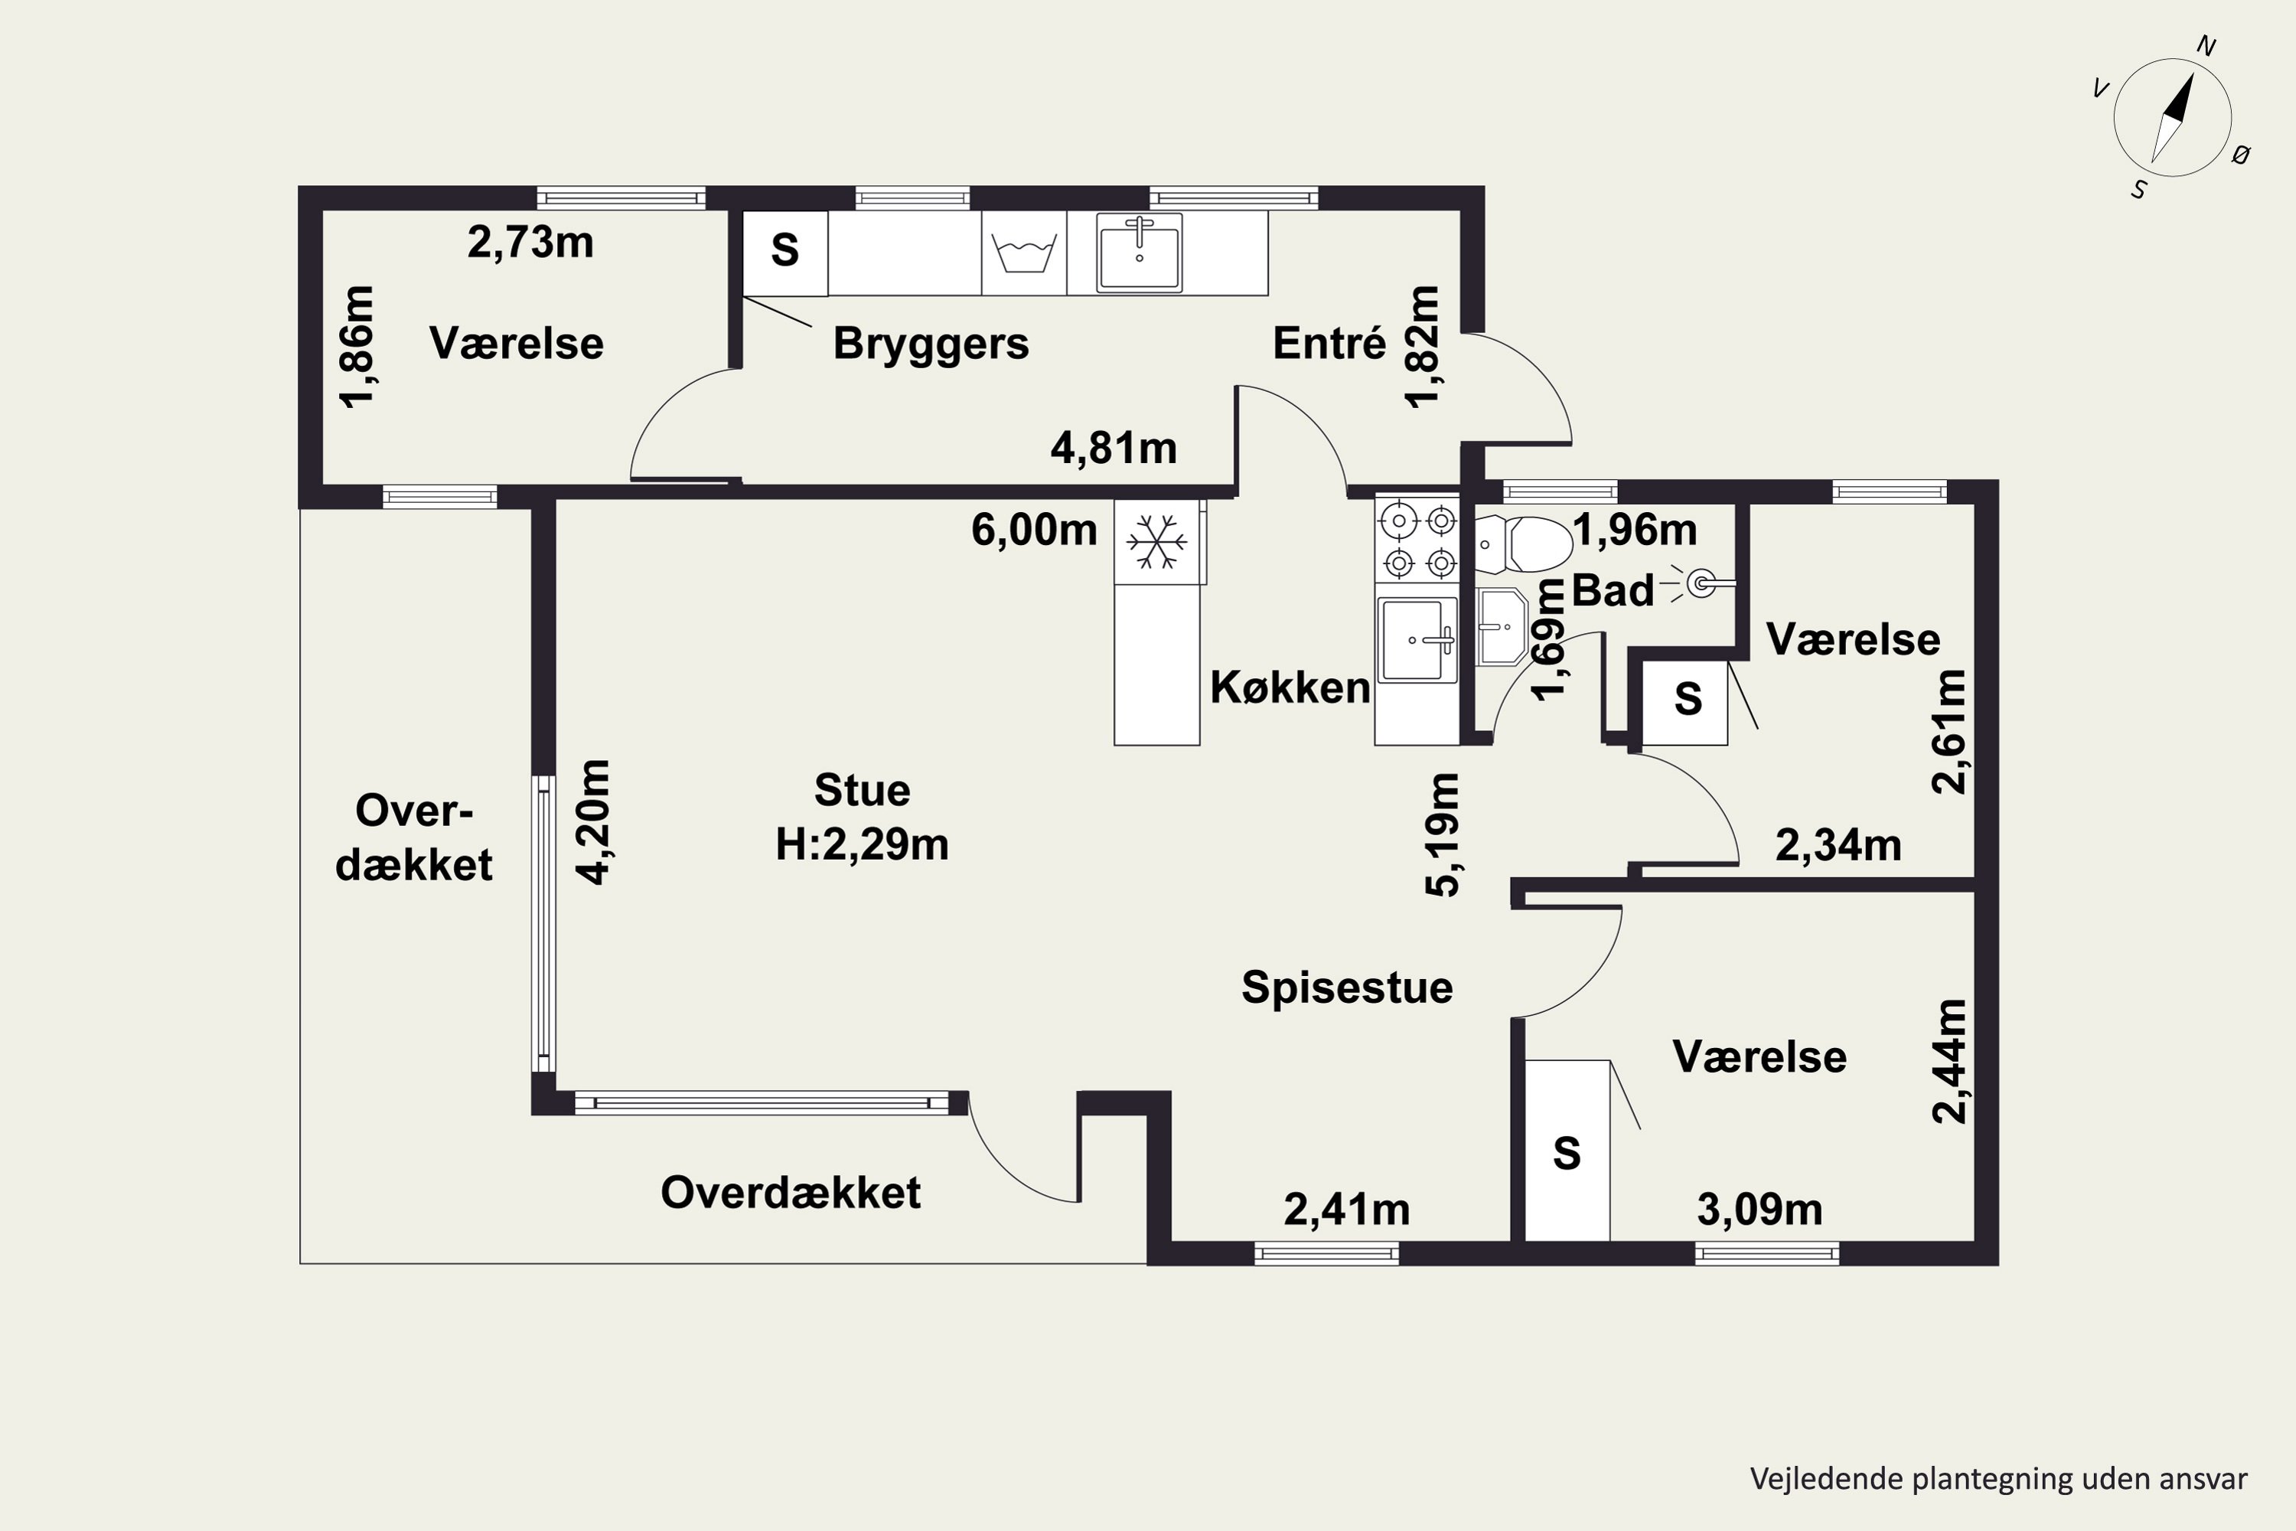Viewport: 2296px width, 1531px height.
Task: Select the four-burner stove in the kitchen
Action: point(1417,541)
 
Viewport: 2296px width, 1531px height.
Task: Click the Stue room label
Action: point(862,790)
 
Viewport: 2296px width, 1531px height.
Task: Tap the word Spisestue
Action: point(1347,987)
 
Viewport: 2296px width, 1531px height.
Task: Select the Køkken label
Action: point(1290,687)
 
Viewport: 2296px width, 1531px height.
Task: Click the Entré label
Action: point(1329,343)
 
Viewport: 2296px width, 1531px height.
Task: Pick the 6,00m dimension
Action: point(1034,530)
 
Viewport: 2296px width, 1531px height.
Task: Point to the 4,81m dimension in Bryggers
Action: point(1114,448)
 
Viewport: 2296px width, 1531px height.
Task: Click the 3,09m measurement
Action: point(1760,1209)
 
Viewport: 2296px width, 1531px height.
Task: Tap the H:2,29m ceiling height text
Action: point(862,844)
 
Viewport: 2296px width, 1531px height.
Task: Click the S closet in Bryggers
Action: point(785,253)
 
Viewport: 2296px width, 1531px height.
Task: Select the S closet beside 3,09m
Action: point(1567,1151)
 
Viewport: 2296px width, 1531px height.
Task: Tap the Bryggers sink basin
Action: point(1140,253)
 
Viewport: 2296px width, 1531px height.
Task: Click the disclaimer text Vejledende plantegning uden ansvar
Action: point(1999,1479)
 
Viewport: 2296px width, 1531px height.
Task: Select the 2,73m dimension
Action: point(530,242)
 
